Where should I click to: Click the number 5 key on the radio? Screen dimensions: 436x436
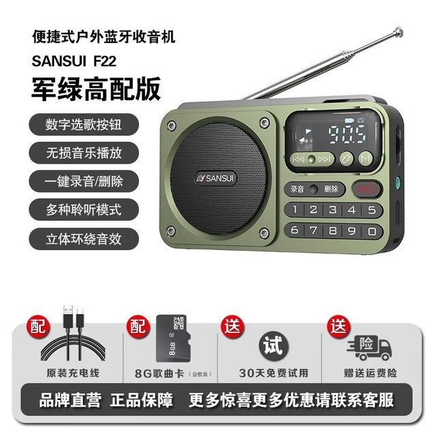(372, 210)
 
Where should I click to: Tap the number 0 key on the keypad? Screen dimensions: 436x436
(372, 231)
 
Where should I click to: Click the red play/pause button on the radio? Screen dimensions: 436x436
(367, 189)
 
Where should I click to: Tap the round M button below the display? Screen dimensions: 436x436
(366, 159)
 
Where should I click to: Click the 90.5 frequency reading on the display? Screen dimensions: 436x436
(347, 135)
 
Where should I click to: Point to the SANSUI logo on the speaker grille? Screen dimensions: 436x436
(215, 178)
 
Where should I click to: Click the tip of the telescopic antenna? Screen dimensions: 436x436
(399, 30)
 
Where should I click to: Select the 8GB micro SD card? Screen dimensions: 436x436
(174, 338)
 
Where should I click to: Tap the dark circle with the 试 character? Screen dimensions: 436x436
(274, 345)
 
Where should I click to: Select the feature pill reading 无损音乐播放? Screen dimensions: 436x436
(84, 153)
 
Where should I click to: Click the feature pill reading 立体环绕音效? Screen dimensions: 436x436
(84, 238)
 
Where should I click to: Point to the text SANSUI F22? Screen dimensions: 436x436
(74, 61)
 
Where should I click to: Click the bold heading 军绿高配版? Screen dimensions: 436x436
(96, 89)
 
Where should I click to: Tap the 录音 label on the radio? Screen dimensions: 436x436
(297, 189)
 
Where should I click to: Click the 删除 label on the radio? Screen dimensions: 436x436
(331, 189)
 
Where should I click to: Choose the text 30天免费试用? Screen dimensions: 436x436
(274, 373)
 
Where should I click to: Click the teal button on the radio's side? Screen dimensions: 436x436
(398, 183)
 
